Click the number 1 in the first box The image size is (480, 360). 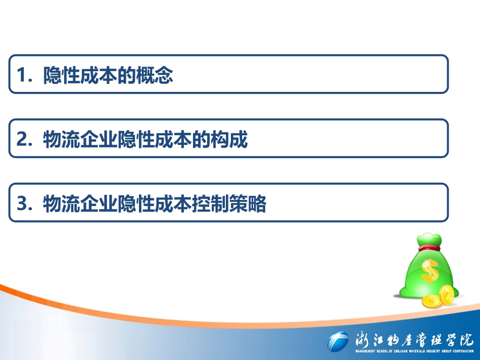coord(21,76)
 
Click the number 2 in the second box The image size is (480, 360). coord(22,140)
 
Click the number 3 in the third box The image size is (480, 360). coord(22,204)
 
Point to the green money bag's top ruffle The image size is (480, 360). coord(427,237)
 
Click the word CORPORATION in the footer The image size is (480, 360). coord(461,351)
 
